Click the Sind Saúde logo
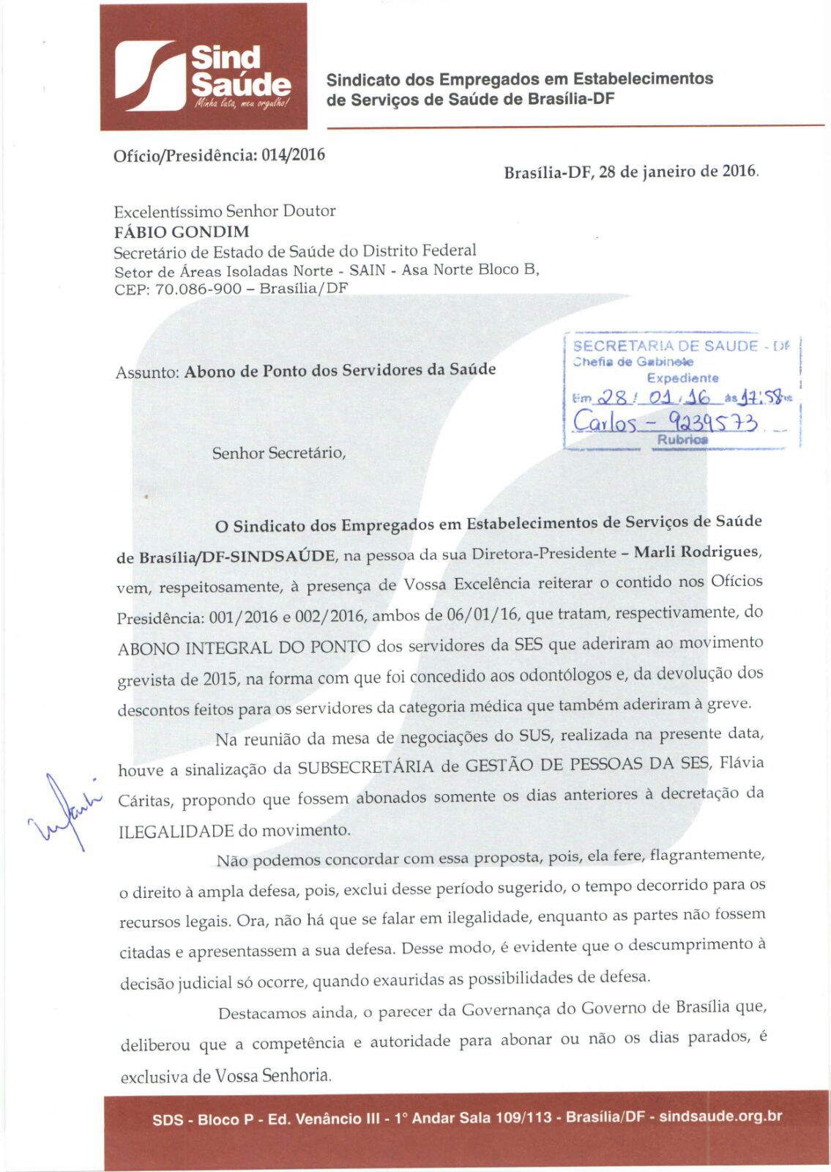click(x=204, y=67)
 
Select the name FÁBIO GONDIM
click(x=182, y=232)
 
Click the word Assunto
click(x=147, y=372)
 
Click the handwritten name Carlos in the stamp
click(x=604, y=422)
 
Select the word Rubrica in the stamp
click(x=682, y=439)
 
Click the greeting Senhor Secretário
click(x=278, y=453)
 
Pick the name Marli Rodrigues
click(x=697, y=551)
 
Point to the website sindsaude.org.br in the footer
click(x=720, y=1116)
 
